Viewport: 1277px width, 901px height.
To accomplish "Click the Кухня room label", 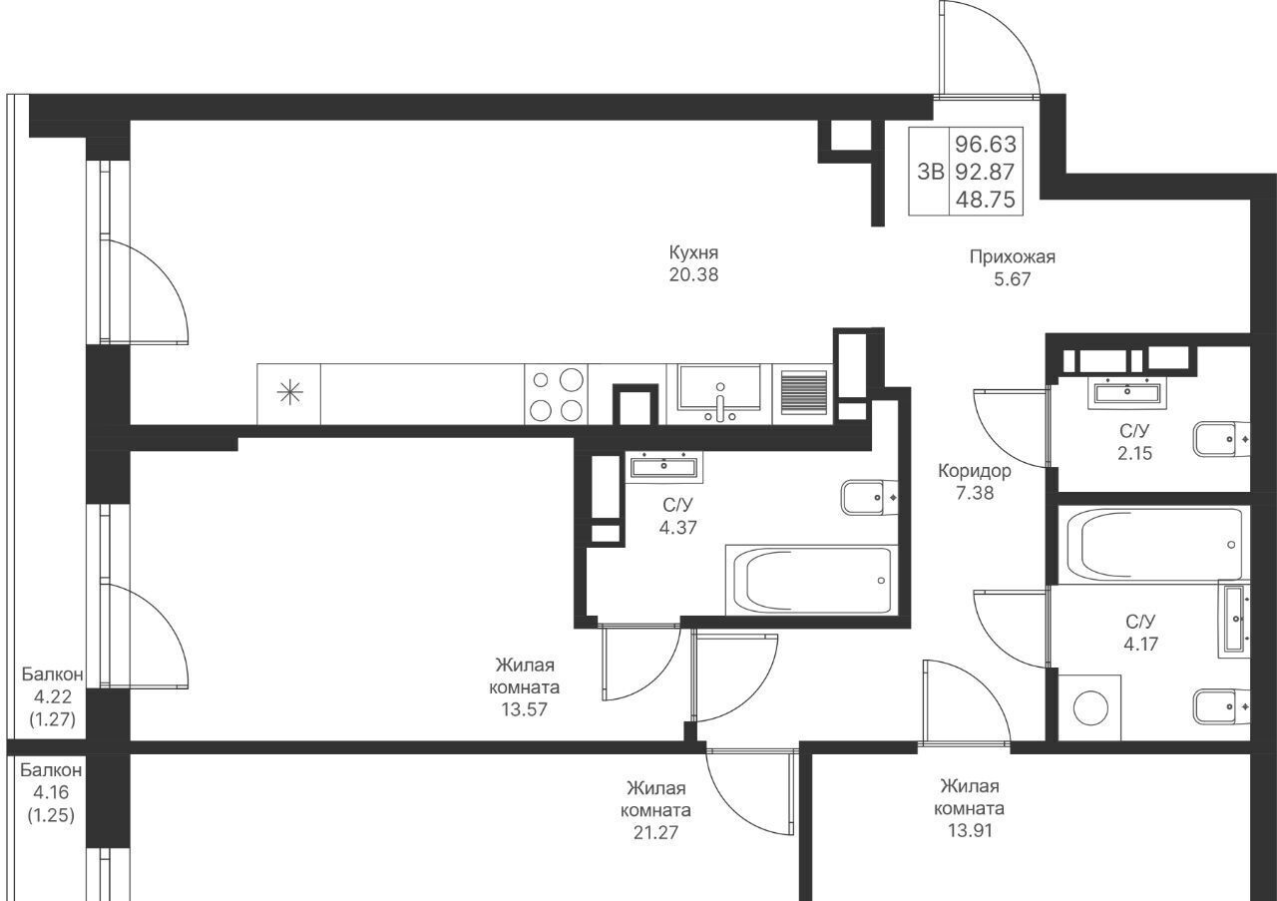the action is point(693,252).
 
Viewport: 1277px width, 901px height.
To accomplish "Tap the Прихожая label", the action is point(1012,257).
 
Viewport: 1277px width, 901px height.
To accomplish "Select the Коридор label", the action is point(975,471).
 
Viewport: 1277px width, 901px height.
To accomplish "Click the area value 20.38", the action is point(693,274).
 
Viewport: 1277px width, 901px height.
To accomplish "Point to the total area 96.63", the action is point(986,145).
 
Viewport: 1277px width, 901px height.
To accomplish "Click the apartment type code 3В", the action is point(930,171).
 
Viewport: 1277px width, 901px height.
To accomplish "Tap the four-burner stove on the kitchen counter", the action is point(557,394).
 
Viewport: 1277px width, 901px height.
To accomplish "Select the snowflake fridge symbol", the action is point(289,393).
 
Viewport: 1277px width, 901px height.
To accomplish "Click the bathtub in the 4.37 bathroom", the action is point(812,580).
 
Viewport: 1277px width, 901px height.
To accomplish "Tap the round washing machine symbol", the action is point(1090,707).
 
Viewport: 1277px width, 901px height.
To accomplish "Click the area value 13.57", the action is point(524,709).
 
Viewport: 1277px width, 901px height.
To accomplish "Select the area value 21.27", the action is point(655,832).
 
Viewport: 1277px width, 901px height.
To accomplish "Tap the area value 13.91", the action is point(970,830).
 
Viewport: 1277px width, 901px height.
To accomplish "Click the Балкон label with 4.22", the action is point(53,675).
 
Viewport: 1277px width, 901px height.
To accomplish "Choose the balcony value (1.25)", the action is point(51,815).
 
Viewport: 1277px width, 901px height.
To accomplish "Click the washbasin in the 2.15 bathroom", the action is point(1127,393).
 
